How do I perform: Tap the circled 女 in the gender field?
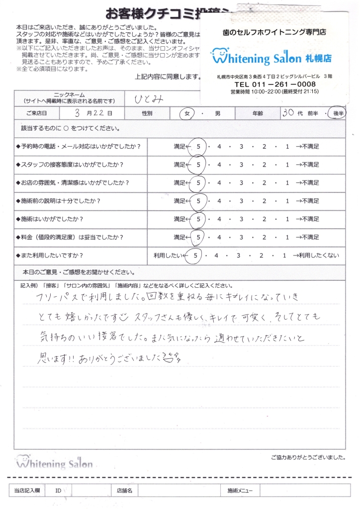pyautogui.click(x=187, y=113)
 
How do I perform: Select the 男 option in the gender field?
pyautogui.click(x=217, y=113)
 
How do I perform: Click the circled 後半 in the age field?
pyautogui.click(x=339, y=113)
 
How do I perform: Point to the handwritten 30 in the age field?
pyautogui.click(x=287, y=113)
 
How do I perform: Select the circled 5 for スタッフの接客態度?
pyautogui.click(x=198, y=165)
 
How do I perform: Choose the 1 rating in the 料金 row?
pyautogui.click(x=287, y=237)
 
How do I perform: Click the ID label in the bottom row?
pyautogui.click(x=58, y=491)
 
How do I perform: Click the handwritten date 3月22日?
pyautogui.click(x=94, y=113)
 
